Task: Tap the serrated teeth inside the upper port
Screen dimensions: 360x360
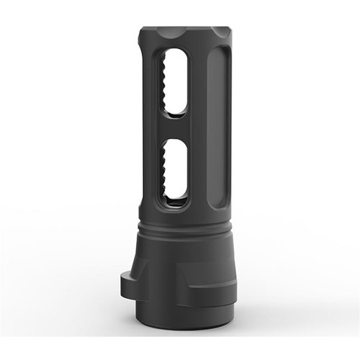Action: point(167,81)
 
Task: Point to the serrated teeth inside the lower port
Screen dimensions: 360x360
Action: point(167,169)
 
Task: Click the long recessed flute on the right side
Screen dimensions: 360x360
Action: point(218,122)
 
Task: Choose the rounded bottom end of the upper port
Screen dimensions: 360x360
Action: point(176,109)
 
